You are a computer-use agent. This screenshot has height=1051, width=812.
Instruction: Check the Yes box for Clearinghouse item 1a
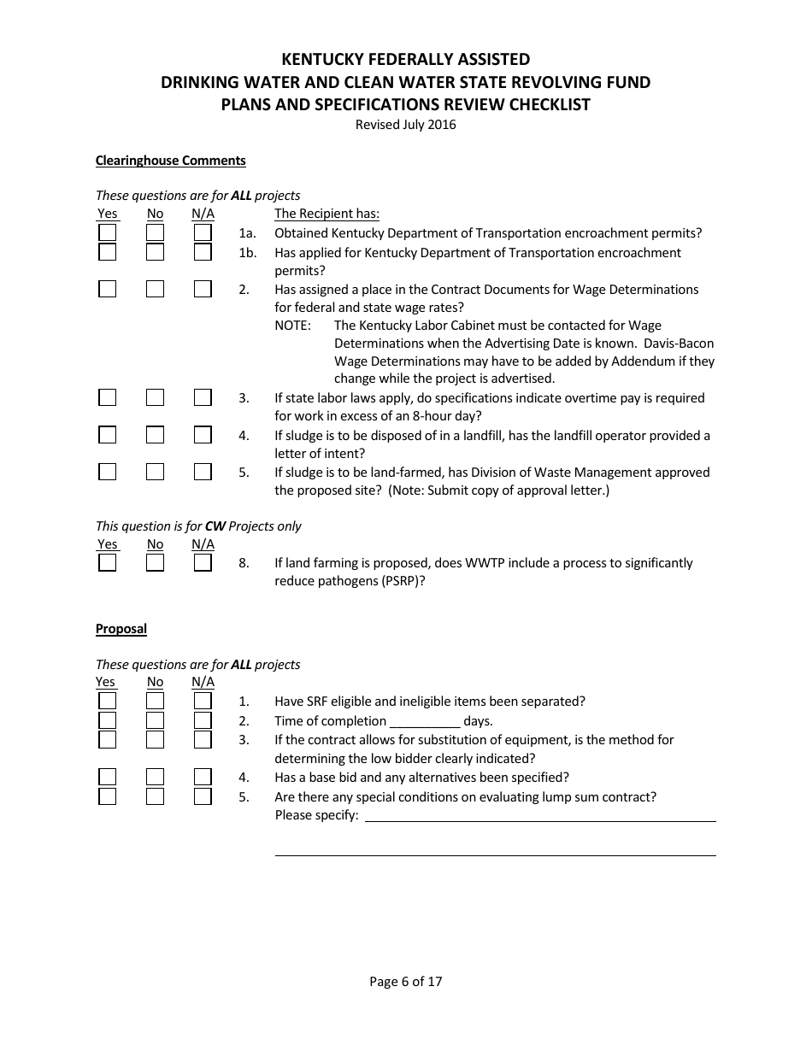pos(107,233)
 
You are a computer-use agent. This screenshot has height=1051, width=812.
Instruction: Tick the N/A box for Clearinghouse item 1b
pos(203,253)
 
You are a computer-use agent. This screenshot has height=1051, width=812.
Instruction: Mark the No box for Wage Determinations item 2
pos(155,290)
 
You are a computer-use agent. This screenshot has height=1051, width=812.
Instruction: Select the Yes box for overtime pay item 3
pos(107,398)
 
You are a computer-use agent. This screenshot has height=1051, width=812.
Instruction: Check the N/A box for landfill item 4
pos(203,436)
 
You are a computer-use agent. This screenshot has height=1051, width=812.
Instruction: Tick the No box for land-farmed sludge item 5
pos(155,473)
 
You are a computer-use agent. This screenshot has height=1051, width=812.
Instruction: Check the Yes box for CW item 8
pos(107,563)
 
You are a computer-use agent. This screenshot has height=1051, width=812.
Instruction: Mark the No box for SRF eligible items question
pos(155,702)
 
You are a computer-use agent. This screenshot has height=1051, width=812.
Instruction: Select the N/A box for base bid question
pos(203,778)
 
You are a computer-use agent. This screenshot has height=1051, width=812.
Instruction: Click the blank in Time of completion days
pos(425,721)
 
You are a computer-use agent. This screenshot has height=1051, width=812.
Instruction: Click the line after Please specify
pos(540,816)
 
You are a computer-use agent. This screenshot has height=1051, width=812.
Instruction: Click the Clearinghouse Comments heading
pos(170,161)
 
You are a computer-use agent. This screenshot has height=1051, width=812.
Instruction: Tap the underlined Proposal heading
pos(121,629)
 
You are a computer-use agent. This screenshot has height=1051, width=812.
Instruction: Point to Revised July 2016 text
pos(406,125)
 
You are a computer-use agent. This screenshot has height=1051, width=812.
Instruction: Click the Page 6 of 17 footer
pos(406,982)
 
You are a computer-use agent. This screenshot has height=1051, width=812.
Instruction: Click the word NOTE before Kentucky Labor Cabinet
pos(292,326)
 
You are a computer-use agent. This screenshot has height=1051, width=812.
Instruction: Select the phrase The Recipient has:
pos(327,214)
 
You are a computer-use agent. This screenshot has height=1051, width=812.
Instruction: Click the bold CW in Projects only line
pos(215,526)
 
